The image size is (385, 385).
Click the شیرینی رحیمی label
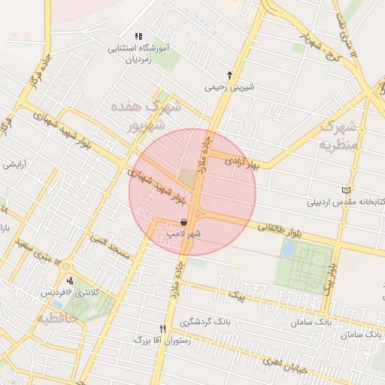point(230,86)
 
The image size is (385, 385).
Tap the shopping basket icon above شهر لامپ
point(185,222)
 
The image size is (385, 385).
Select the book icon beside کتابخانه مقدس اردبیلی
point(346,189)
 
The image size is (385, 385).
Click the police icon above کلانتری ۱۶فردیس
point(70,280)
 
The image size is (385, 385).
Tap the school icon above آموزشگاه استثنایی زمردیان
point(138,35)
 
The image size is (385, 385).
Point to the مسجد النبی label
point(110,247)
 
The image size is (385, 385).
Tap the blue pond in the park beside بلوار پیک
point(288,250)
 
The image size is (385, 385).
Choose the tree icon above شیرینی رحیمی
point(229,74)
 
